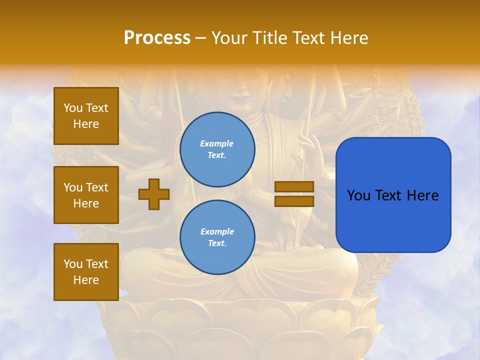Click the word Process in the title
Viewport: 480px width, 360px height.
(x=157, y=38)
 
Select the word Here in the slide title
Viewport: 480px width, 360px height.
(x=348, y=38)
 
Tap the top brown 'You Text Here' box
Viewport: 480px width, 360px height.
(x=86, y=116)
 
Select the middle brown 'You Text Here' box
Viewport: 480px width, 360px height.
(x=86, y=195)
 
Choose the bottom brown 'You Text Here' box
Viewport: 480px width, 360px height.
(x=86, y=272)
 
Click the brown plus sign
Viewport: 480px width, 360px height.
(x=154, y=194)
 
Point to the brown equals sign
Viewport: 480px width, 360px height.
(x=294, y=194)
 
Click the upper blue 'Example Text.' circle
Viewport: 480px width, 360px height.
(x=217, y=149)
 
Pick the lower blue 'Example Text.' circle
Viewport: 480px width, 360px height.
(x=217, y=237)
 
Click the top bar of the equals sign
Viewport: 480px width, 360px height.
(x=294, y=187)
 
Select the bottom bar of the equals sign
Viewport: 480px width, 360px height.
(x=294, y=201)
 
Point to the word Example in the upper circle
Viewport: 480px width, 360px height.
(x=217, y=143)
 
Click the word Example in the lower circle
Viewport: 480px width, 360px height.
(x=217, y=231)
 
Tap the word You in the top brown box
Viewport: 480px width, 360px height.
(x=73, y=108)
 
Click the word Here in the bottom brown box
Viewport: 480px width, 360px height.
(x=86, y=280)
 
